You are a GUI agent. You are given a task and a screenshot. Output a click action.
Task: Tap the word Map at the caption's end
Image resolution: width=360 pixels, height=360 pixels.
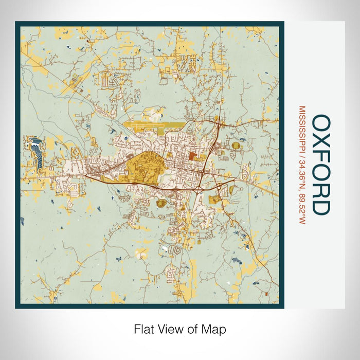(215, 329)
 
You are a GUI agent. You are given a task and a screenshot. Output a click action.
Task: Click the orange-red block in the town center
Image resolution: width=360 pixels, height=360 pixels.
(192, 155)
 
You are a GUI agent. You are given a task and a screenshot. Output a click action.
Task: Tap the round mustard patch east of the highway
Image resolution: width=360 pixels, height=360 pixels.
(236, 146)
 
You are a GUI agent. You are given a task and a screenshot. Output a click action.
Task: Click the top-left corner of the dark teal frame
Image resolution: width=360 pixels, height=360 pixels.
(16, 23)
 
